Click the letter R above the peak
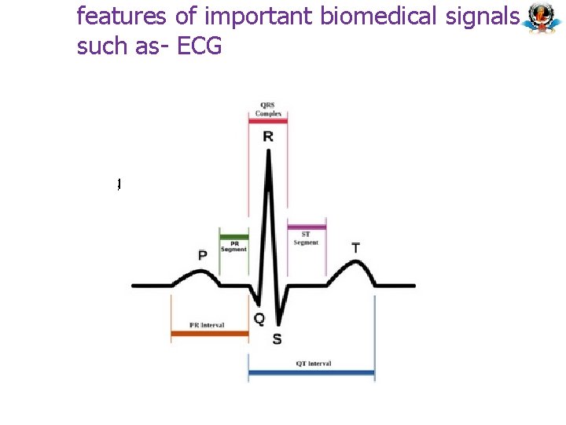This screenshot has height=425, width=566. [268, 137]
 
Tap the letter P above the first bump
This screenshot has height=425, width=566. [203, 255]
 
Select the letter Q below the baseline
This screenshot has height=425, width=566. [259, 319]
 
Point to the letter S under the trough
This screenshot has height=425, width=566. [277, 339]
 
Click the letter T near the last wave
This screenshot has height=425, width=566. [356, 248]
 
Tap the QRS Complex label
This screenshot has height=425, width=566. [268, 109]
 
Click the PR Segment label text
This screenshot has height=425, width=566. [234, 246]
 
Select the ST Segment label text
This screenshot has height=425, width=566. [306, 238]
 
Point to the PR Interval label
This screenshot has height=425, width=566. [208, 325]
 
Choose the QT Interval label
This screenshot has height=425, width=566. [314, 364]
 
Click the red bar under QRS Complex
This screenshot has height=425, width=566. [268, 121]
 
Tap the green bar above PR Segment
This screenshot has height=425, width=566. [234, 236]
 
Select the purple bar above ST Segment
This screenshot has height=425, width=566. [307, 228]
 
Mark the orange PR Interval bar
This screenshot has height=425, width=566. [210, 334]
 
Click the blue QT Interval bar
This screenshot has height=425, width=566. [311, 372]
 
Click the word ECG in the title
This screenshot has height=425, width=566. [200, 46]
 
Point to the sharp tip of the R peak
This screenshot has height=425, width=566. [269, 152]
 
